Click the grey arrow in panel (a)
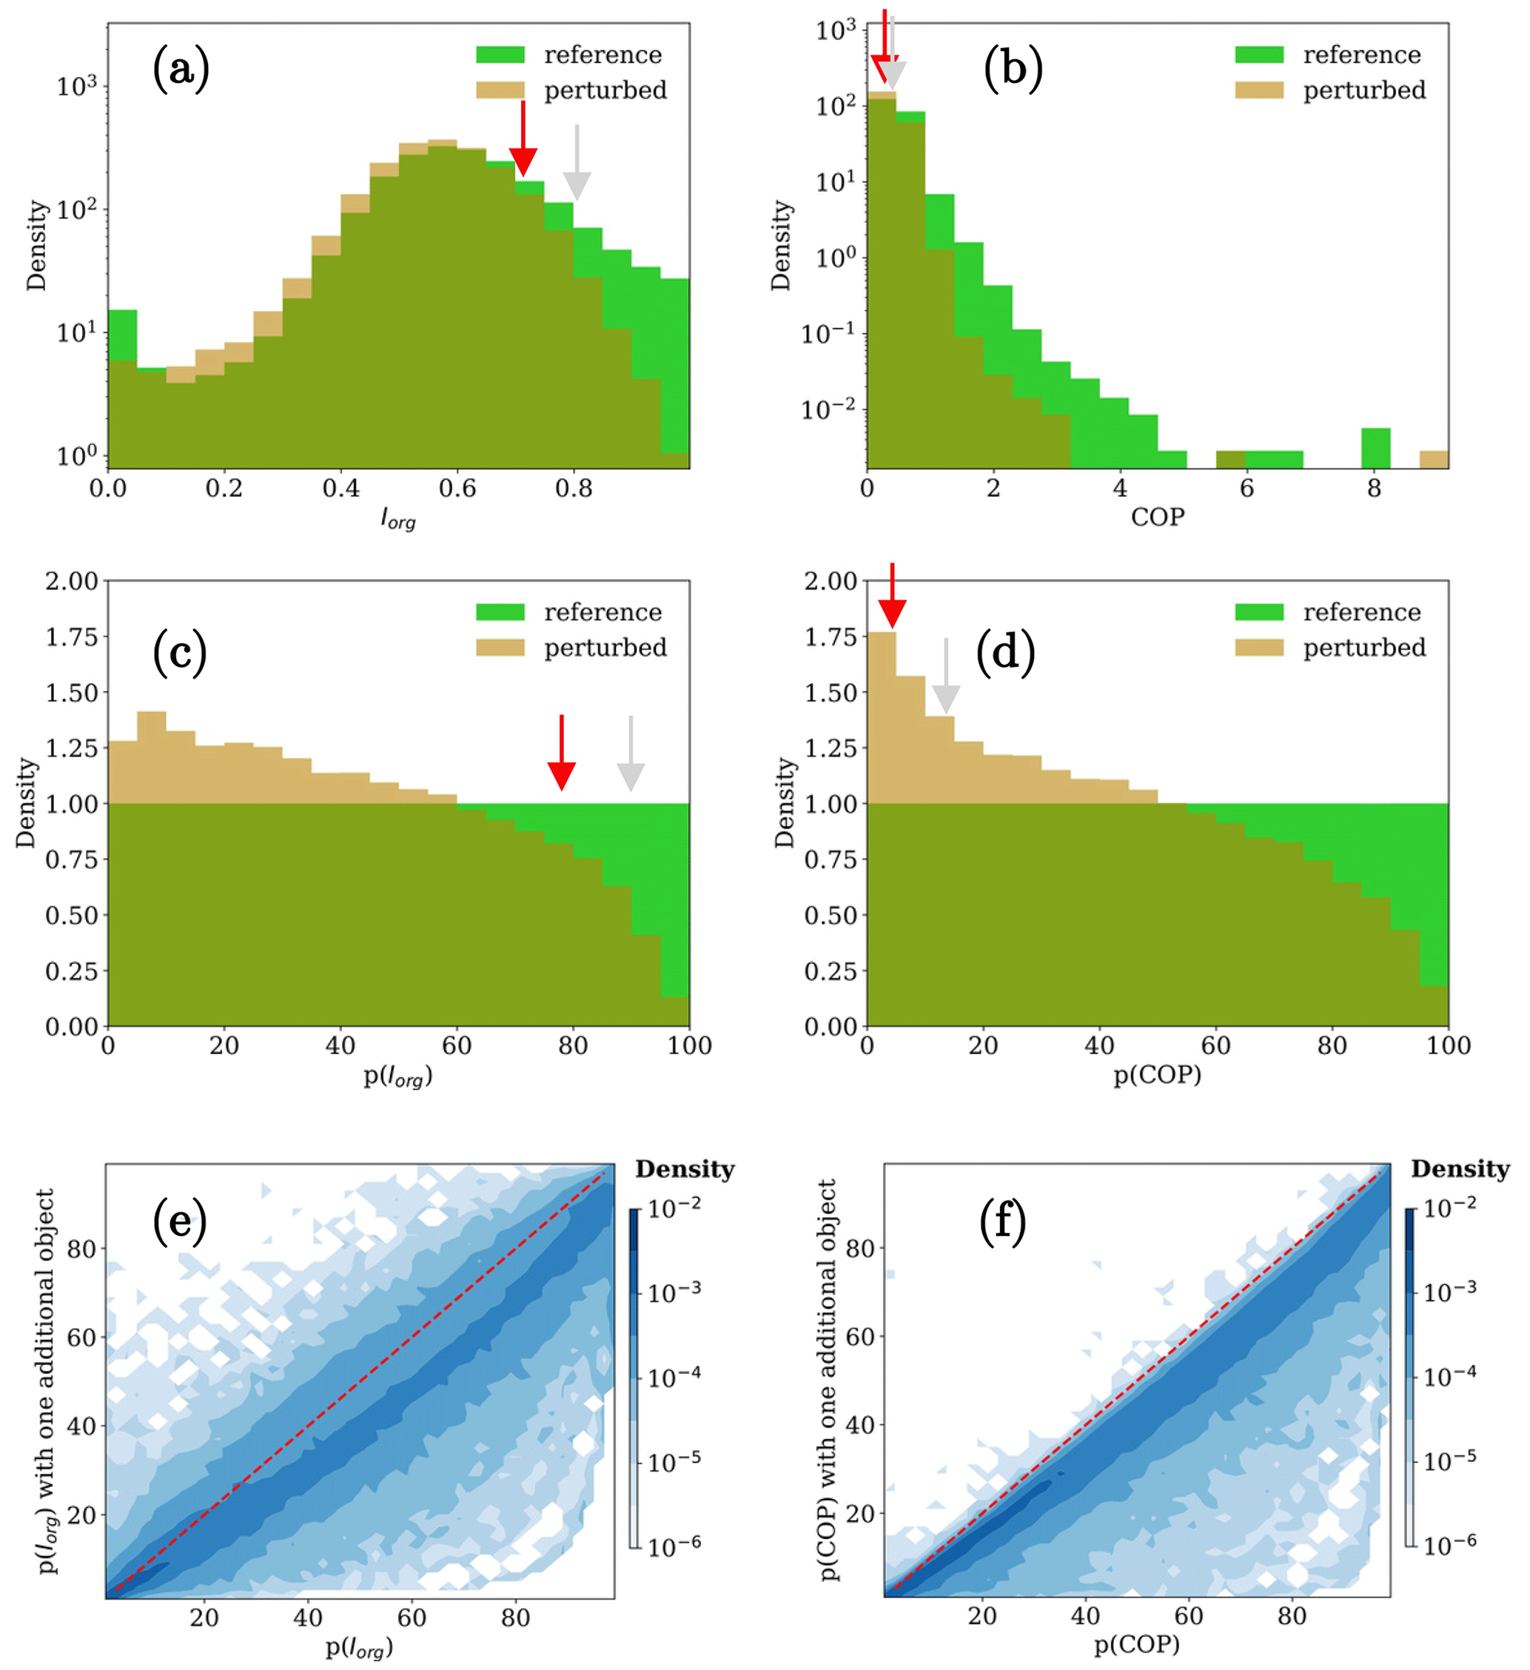577,165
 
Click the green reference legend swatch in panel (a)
500,56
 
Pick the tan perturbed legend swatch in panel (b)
1258,90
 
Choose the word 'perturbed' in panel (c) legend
605,648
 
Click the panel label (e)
180,1223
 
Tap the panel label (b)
1013,68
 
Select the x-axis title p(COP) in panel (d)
1156,1076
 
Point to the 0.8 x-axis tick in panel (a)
573,489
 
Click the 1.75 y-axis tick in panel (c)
71,637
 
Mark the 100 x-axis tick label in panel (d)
1448,1046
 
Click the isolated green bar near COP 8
1376,448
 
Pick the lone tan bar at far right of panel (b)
1434,460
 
